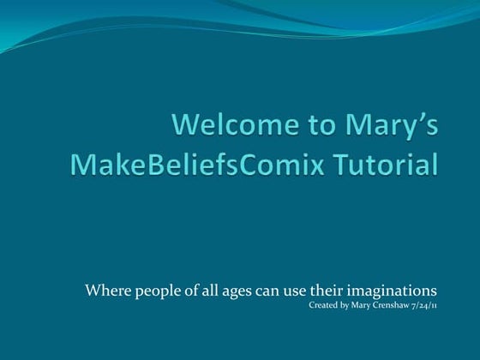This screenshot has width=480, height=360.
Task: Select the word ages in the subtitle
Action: (228, 290)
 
